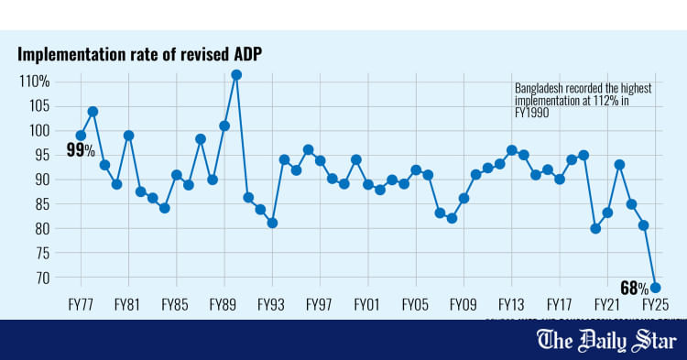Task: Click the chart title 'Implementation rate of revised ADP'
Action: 139,54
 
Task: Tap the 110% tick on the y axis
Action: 34,82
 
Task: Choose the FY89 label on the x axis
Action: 224,303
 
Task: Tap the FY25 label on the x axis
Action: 654,303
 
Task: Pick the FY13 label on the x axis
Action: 511,303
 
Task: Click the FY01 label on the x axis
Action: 367,303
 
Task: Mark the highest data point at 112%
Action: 236,74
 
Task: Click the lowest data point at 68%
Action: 655,288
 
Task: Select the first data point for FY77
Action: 81,136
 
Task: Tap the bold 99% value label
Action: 81,150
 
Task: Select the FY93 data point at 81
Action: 272,223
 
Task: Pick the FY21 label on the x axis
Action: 606,303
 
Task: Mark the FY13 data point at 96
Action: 511,150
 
